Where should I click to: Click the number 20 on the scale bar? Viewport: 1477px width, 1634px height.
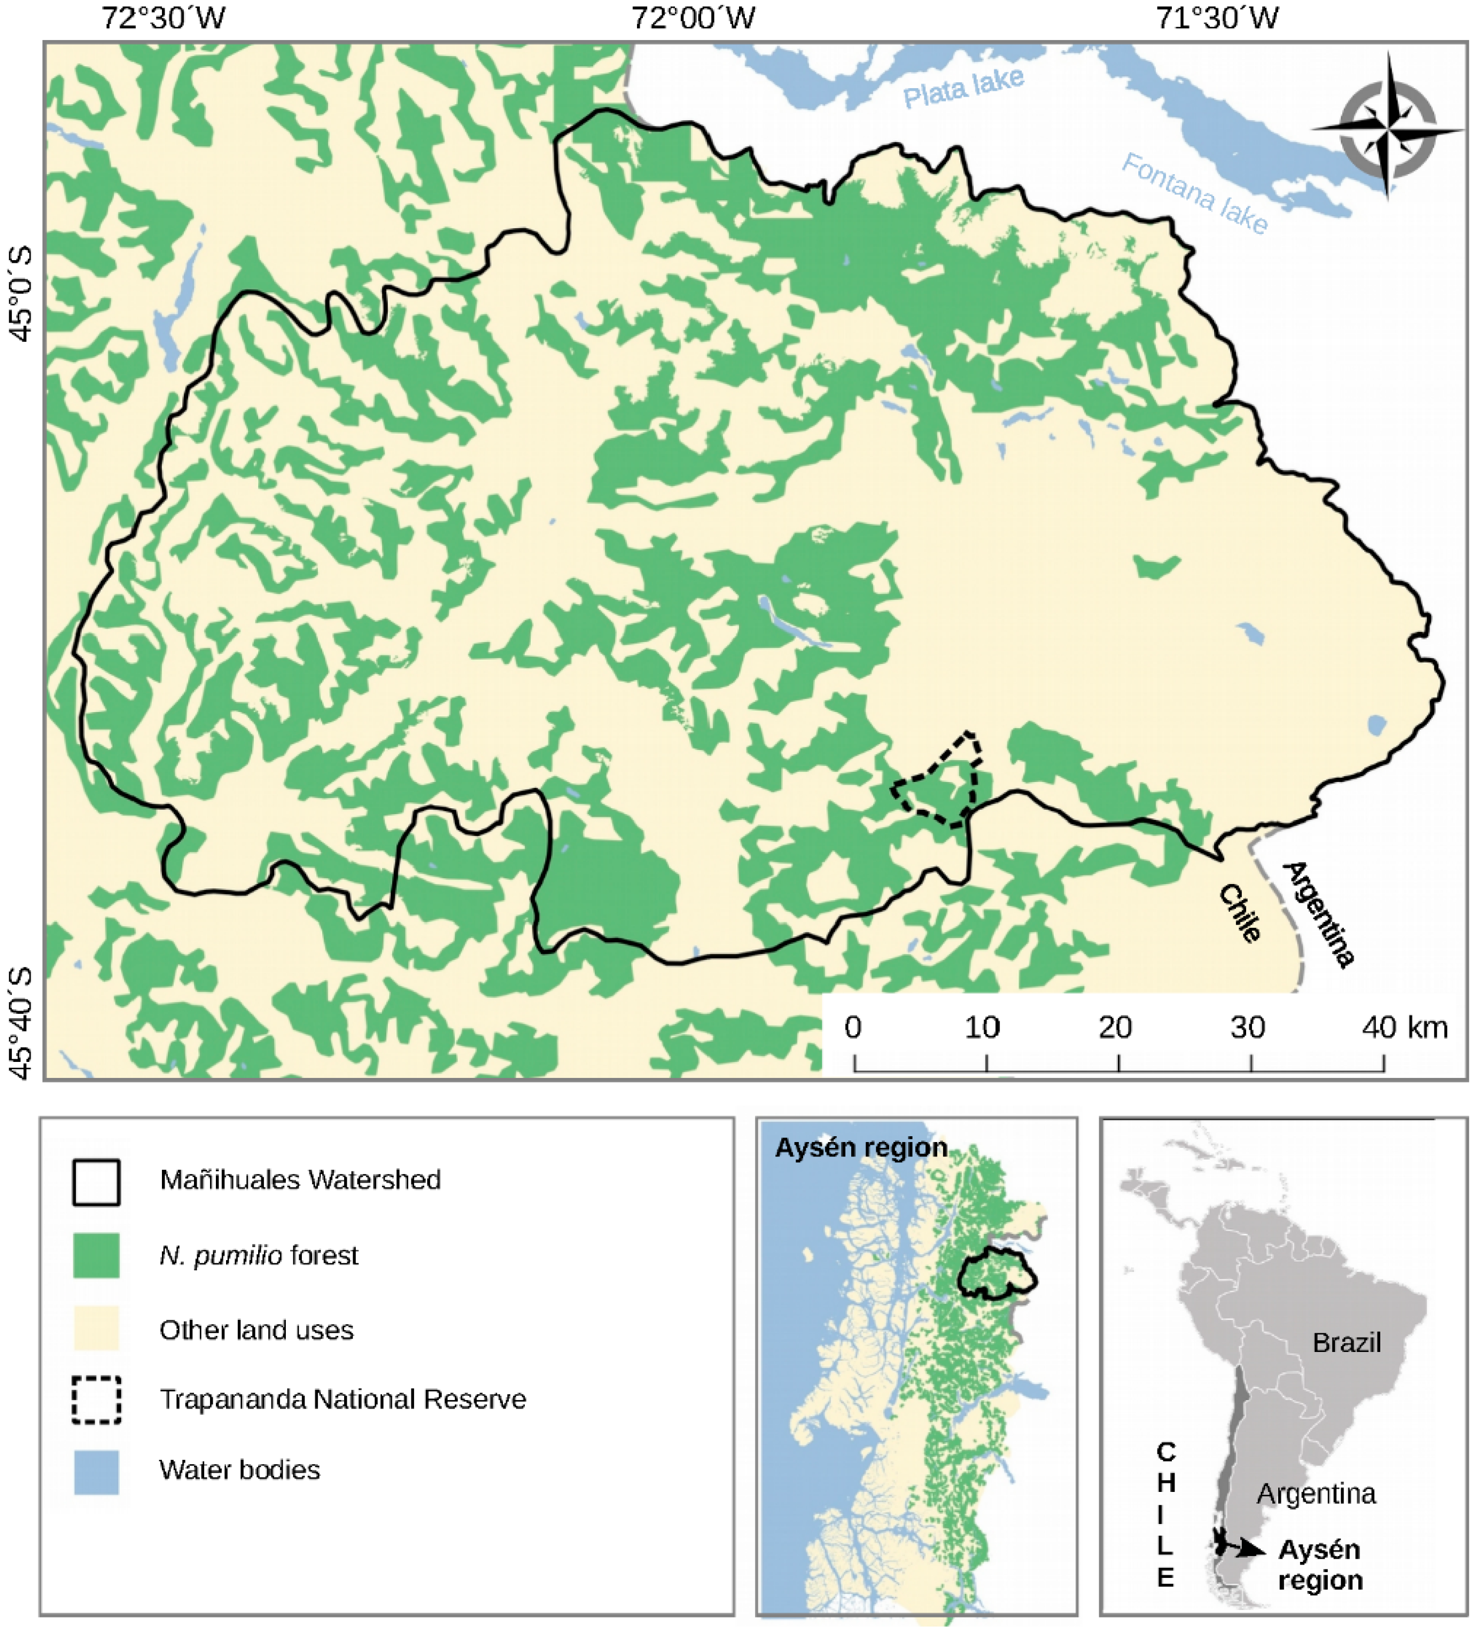[x=1115, y=1028]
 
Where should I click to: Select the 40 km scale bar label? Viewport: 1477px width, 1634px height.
[x=1404, y=1028]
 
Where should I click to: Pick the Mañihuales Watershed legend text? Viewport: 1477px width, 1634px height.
[x=300, y=1179]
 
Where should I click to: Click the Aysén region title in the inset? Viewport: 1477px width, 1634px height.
[x=861, y=1148]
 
